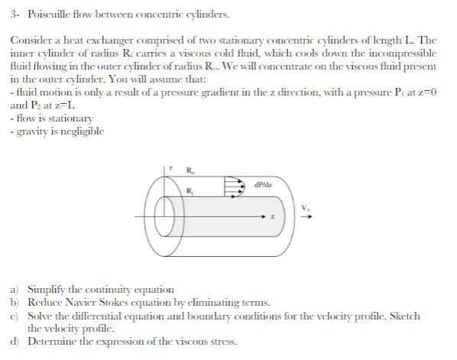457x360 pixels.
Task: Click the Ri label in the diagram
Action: [190, 190]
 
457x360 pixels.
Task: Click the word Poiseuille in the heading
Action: [47, 15]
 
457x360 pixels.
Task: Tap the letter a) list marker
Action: [15, 290]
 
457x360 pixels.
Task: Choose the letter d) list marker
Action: [15, 340]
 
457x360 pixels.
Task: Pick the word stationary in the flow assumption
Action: [61, 119]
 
